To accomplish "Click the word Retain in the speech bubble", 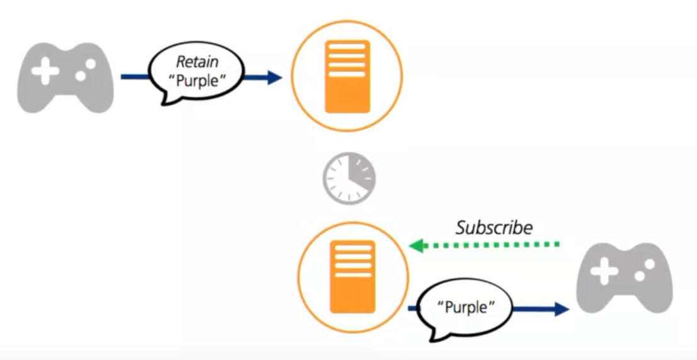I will coord(197,62).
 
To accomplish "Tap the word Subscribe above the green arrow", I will coord(494,227).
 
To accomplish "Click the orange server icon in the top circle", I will coord(347,77).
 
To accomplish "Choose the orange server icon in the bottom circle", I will coord(353,276).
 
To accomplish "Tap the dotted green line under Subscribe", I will coord(491,245).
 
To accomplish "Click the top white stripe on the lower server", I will coord(353,247).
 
